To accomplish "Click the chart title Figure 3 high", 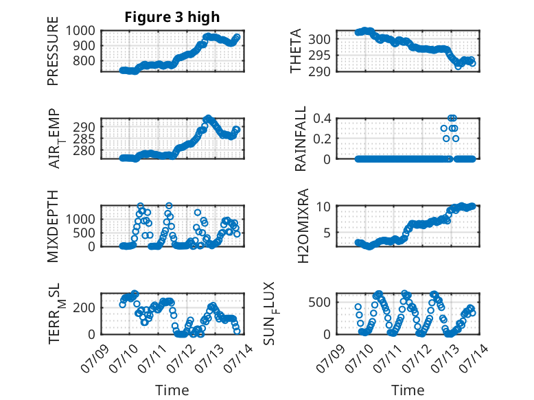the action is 172,17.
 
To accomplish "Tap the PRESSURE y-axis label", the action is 53,51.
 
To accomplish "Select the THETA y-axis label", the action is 296,51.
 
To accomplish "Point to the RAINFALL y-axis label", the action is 301,138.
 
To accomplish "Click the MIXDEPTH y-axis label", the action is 53,226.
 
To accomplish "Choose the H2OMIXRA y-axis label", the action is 303,226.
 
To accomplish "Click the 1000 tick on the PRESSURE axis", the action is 80,31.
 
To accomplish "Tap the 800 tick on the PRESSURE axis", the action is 84,61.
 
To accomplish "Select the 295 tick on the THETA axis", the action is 319,55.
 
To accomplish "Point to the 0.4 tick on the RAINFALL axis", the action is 322,119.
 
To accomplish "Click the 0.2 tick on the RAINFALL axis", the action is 322,139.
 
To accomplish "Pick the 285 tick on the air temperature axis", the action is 84,139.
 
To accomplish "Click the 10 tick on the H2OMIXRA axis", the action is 323,207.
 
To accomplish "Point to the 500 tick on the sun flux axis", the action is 319,303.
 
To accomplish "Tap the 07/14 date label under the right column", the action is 474,358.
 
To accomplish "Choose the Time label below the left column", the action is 172,390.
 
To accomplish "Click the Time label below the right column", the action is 408,390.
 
